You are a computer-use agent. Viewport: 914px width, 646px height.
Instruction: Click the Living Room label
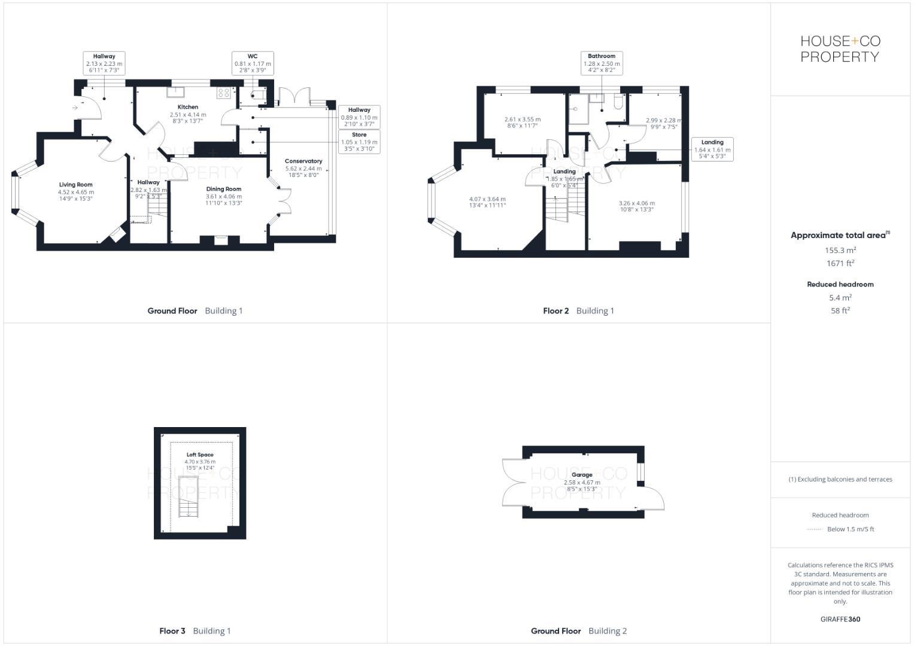pos(75,185)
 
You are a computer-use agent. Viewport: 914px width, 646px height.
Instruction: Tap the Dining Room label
pos(224,189)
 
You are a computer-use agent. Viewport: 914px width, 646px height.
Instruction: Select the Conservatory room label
pos(303,161)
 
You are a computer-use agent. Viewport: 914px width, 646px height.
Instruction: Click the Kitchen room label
pos(188,107)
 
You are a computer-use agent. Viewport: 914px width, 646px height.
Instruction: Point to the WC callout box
pos(253,63)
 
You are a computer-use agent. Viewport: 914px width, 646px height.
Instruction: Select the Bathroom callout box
pos(602,63)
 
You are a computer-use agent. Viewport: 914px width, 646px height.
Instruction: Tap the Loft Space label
pos(200,455)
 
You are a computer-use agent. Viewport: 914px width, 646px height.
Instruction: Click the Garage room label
pos(582,475)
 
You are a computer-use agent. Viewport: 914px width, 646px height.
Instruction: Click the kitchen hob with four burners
pos(224,93)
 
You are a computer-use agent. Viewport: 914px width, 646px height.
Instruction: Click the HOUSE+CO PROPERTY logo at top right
pos(840,49)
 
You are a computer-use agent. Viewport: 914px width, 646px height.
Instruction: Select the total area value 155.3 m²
pos(840,251)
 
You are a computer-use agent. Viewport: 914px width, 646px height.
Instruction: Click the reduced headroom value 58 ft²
pos(840,310)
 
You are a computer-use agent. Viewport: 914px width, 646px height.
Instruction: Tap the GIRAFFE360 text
pos(840,619)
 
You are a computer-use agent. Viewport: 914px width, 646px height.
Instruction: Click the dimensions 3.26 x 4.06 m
pos(636,203)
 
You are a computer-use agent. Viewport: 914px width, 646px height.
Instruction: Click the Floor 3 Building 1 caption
pos(195,631)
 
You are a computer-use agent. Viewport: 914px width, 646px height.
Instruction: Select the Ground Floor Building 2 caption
pos(579,631)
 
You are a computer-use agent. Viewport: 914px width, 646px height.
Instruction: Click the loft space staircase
pos(188,496)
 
